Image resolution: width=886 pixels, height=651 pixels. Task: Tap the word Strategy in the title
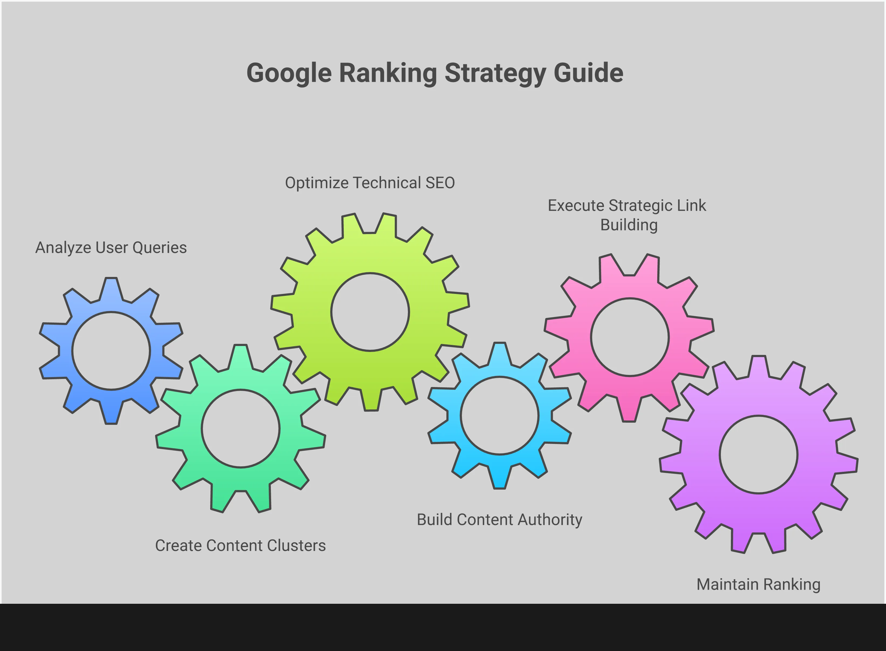[495, 73]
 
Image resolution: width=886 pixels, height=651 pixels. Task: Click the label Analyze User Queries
[111, 248]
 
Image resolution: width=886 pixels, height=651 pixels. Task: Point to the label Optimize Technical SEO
[370, 183]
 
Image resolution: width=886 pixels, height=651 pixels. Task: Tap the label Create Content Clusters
[240, 546]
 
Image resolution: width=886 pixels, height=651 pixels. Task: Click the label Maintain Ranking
[758, 584]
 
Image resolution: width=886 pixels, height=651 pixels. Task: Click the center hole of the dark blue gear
[111, 351]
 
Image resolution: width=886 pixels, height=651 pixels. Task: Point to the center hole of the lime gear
[370, 312]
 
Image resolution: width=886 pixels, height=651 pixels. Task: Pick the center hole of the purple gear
[758, 454]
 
